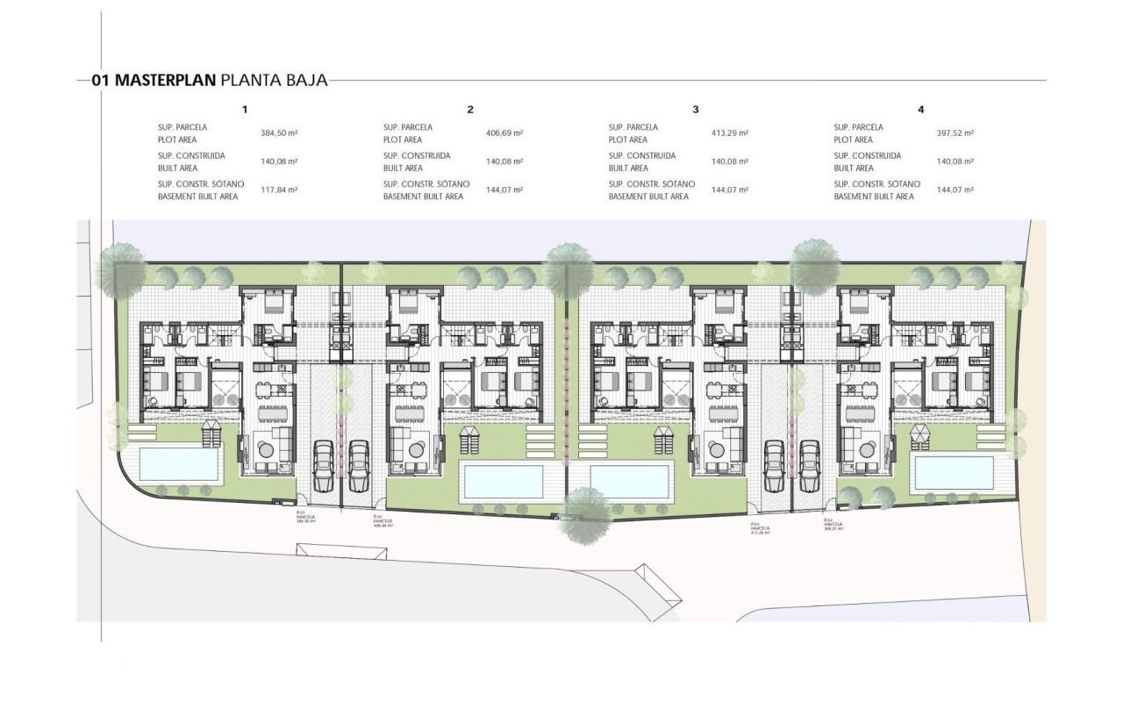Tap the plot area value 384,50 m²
tap(279, 133)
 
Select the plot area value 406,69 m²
tap(504, 133)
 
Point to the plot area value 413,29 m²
tap(730, 133)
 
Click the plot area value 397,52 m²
tap(955, 133)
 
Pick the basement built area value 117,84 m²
tap(279, 190)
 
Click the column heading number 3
tap(696, 110)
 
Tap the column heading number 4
tap(920, 110)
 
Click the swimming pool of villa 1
tap(179, 462)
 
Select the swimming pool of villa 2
tap(504, 481)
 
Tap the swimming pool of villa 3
tap(630, 481)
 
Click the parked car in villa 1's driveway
tap(324, 465)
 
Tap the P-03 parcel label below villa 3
tap(760, 528)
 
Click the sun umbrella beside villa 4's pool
tap(920, 433)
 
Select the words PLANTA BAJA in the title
tap(275, 81)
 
